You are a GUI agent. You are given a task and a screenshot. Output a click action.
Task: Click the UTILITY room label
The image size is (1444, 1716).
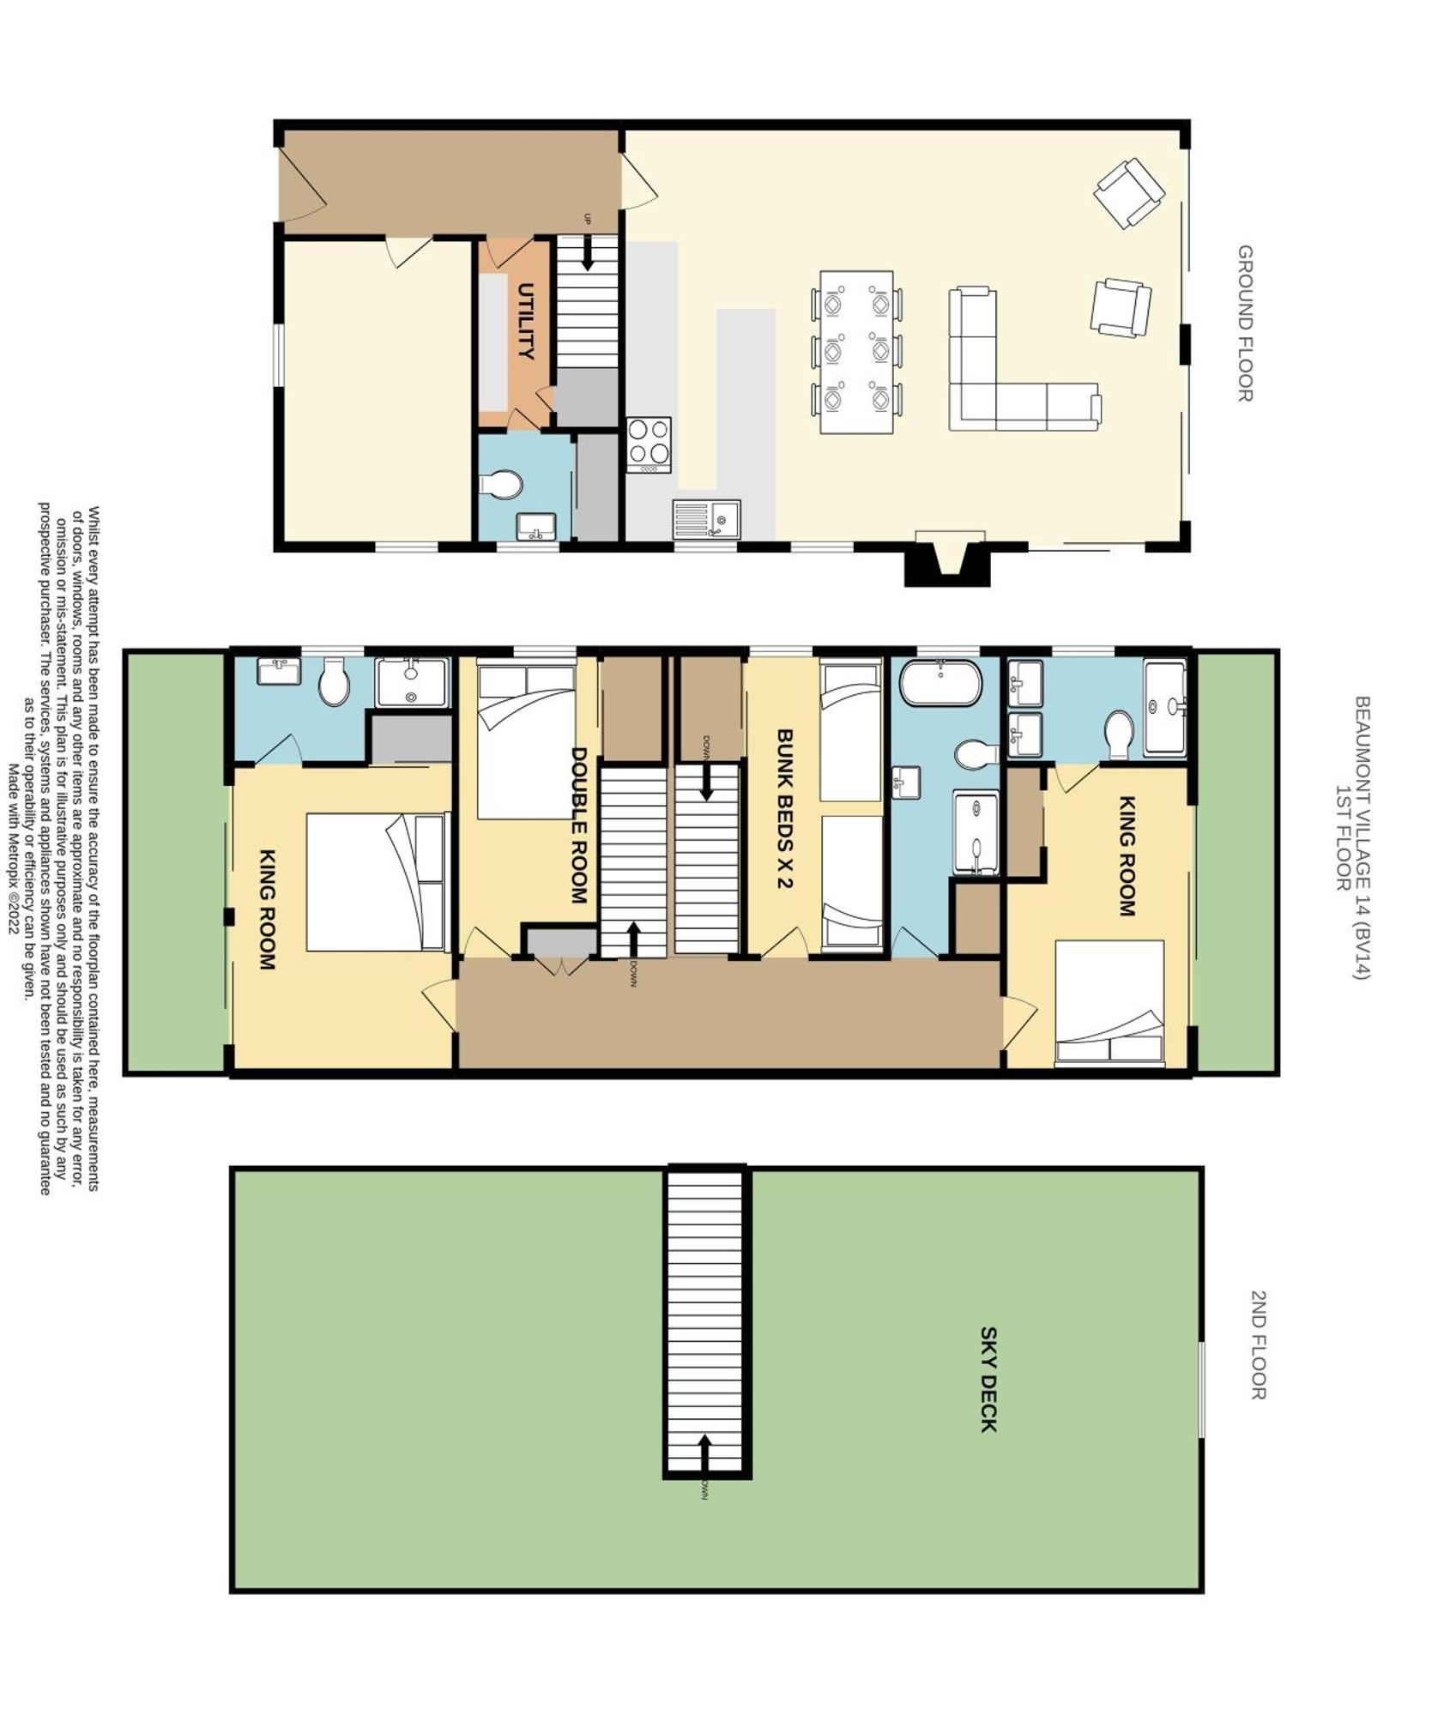526,320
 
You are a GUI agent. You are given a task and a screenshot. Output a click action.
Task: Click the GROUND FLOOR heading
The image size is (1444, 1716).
1244,323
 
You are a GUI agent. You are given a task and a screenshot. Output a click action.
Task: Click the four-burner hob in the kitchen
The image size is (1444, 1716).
649,444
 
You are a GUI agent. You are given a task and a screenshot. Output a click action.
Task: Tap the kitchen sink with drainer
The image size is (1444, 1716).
706,519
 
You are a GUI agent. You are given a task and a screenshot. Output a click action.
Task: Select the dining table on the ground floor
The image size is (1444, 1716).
856,352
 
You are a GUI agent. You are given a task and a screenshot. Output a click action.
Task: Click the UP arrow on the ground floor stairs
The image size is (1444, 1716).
588,252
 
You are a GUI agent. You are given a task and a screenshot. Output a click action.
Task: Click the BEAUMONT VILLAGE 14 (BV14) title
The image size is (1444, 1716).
1362,837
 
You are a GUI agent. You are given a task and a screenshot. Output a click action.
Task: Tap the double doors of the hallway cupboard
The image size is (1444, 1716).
560,964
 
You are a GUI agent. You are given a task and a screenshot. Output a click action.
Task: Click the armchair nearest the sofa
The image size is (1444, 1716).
1121,307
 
